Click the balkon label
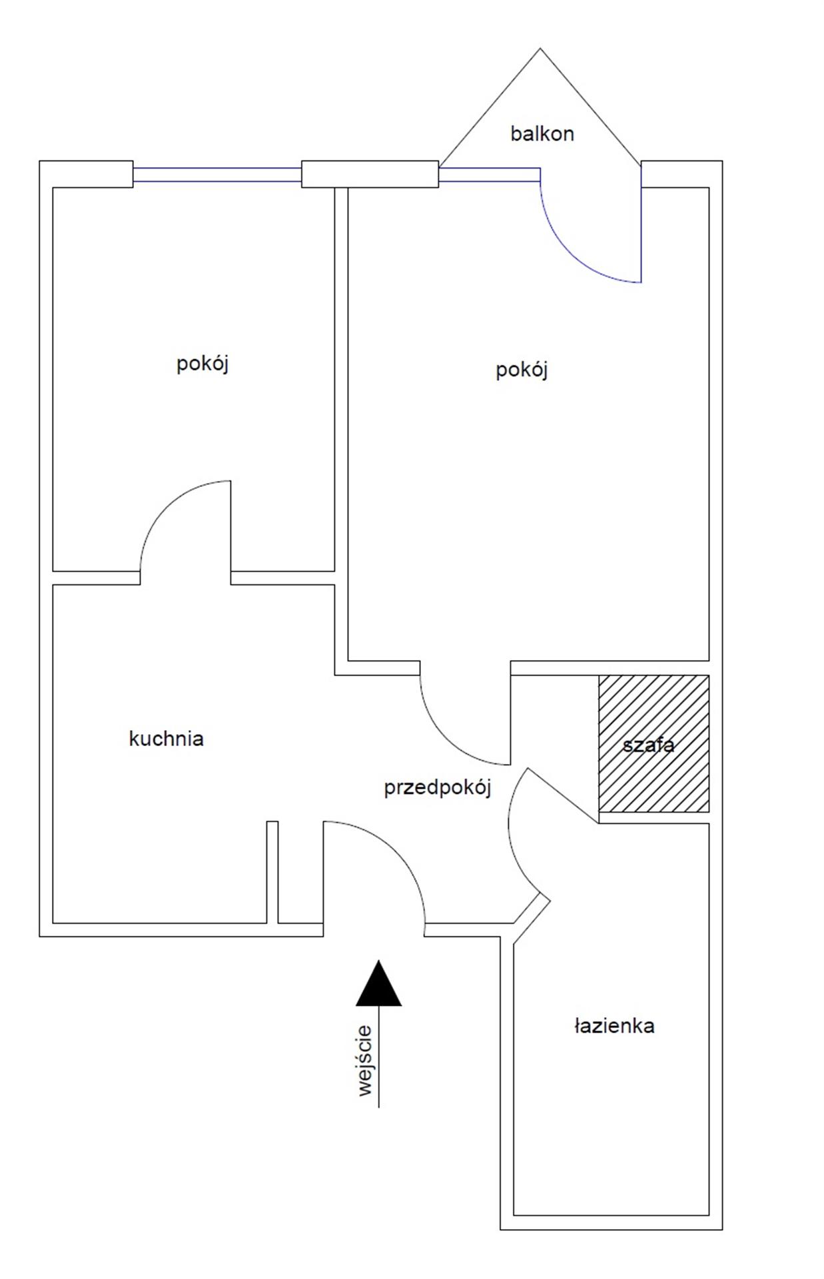click(x=542, y=134)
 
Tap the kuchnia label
click(x=166, y=738)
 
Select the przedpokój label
click(x=438, y=788)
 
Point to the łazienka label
click(x=614, y=1025)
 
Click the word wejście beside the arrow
click(x=364, y=1061)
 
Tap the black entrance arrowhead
click(x=379, y=983)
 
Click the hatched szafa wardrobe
click(x=653, y=743)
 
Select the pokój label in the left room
click(x=203, y=364)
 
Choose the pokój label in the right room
click(x=522, y=370)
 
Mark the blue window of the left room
click(x=217, y=175)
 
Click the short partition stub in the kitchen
click(x=272, y=872)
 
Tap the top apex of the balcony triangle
click(x=540, y=48)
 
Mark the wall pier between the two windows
click(x=370, y=174)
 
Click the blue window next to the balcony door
click(x=489, y=175)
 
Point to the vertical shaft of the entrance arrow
click(x=379, y=1056)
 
